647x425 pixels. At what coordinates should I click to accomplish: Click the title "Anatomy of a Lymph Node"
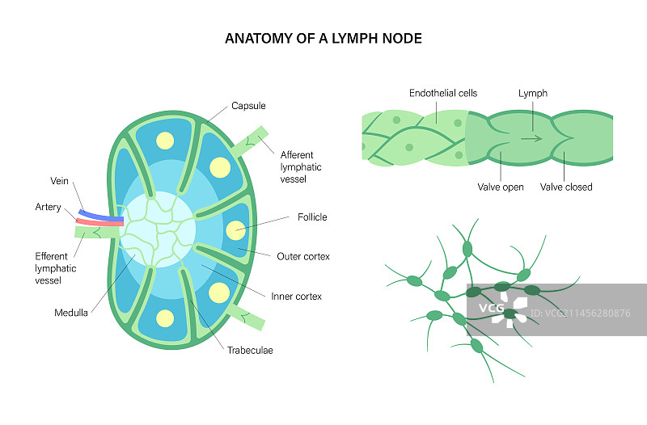(323, 38)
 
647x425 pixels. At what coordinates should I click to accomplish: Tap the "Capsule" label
(248, 106)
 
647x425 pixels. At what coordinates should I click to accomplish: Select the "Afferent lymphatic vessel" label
(301, 166)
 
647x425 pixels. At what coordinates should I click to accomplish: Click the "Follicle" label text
(311, 217)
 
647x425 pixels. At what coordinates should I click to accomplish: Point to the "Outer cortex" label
(303, 256)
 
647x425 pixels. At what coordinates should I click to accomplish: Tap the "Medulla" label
(71, 313)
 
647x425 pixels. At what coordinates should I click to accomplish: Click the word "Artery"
(48, 208)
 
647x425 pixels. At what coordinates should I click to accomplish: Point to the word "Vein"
(60, 182)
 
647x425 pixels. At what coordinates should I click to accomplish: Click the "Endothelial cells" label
(443, 93)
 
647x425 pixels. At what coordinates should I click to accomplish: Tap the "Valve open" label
(500, 187)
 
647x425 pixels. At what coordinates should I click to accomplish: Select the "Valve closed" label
(566, 187)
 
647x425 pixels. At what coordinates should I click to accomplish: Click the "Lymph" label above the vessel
(533, 93)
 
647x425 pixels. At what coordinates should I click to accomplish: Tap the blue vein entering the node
(100, 214)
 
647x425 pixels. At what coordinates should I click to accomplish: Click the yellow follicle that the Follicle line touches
(237, 230)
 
